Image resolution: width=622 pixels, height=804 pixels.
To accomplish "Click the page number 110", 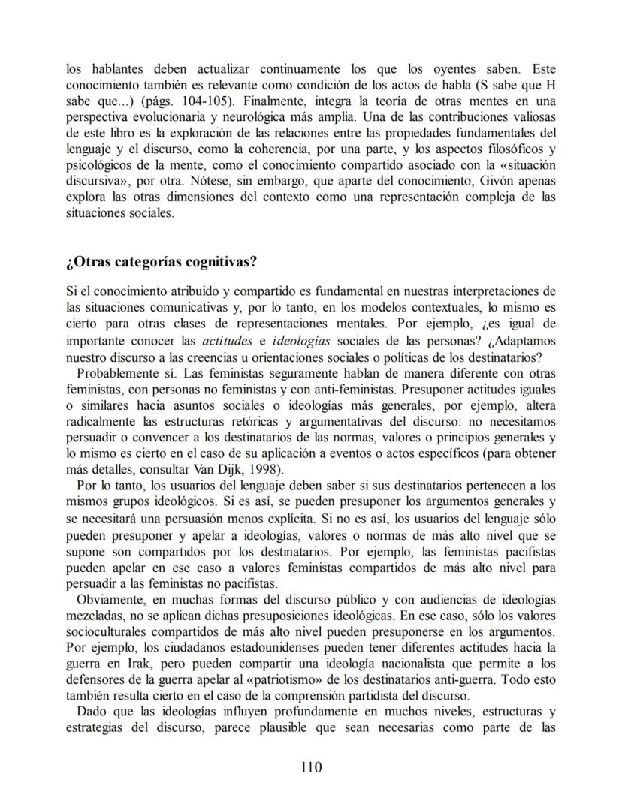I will tap(310, 766).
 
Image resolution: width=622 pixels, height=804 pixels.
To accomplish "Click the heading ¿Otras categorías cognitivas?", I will tap(162, 262).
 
